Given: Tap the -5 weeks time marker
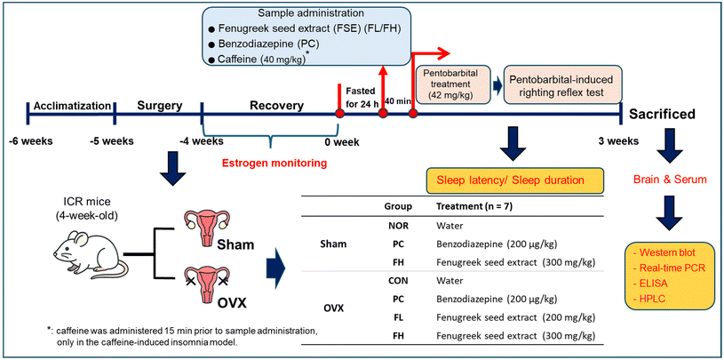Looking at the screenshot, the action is [112, 140].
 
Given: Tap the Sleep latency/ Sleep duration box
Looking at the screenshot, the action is [515, 180].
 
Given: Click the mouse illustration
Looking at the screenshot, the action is [91, 254].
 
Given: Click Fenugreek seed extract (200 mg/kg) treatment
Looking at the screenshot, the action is [515, 318].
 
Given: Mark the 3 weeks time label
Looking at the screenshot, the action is [617, 140].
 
